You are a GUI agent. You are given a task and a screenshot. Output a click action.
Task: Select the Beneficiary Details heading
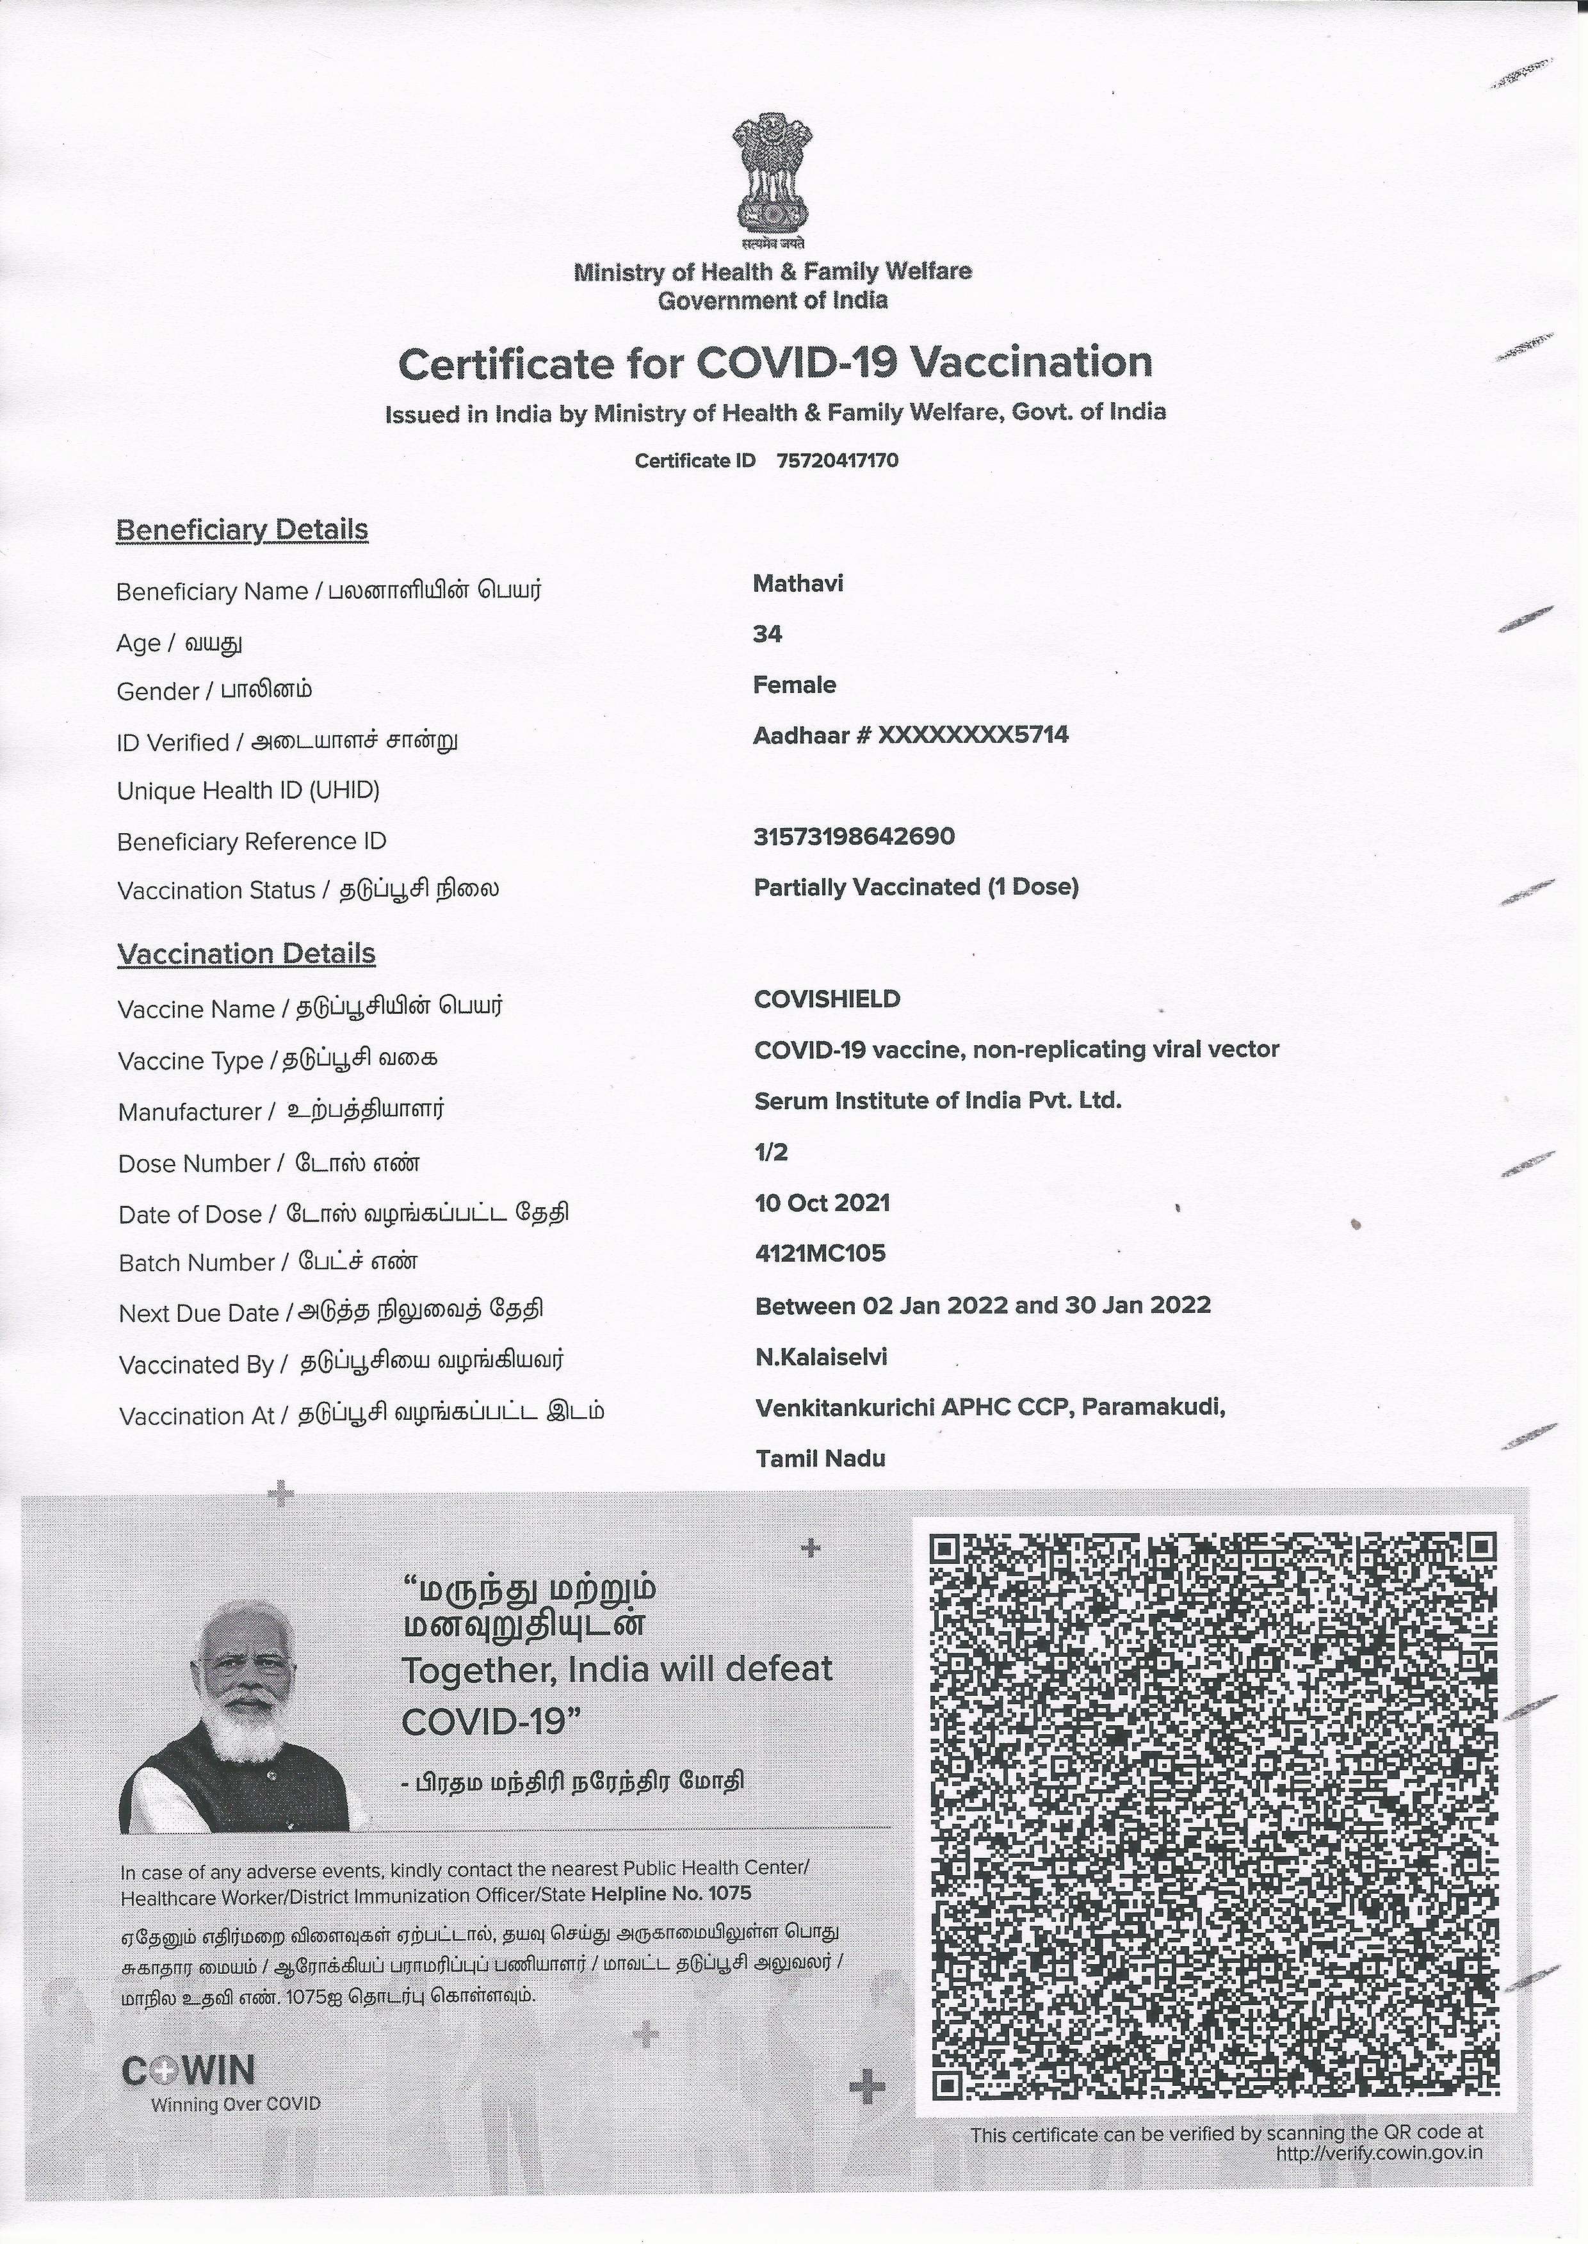[241, 530]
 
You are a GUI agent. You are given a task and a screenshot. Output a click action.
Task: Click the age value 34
[768, 635]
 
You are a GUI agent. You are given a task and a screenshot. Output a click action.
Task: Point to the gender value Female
[794, 685]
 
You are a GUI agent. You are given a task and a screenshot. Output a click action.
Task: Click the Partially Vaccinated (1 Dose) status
[916, 887]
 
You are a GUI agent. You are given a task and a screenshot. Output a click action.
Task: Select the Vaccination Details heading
[247, 954]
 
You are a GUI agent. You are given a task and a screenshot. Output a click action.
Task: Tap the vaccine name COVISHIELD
[827, 998]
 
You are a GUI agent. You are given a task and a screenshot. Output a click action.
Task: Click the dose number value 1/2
[770, 1152]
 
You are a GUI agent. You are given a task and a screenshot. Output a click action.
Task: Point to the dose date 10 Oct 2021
[822, 1203]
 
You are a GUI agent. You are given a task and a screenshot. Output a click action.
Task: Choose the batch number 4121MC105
[820, 1253]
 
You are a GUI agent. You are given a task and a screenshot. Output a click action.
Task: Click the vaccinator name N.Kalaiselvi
[822, 1356]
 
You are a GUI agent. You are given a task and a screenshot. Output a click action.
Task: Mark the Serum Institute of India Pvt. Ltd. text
[937, 1100]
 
